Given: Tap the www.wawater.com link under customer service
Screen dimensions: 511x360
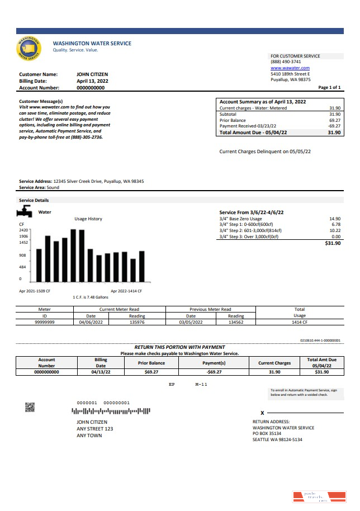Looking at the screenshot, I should (x=290, y=68).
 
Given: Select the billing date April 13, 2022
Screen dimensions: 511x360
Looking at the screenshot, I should (x=92, y=81).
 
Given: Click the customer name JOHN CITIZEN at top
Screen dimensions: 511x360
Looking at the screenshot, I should (x=92, y=74).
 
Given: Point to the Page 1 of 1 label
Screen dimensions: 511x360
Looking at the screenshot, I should (x=329, y=88).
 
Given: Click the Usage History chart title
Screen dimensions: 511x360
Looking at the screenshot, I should (x=88, y=219).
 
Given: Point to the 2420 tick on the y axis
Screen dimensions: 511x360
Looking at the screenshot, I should (x=23, y=230).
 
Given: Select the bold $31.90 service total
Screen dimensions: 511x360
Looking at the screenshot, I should (x=333, y=244).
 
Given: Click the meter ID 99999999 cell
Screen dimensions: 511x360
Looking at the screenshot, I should (x=45, y=322).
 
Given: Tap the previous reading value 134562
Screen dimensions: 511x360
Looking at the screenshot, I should (x=235, y=322).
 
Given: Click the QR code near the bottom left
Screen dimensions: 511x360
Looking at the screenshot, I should (x=30, y=407).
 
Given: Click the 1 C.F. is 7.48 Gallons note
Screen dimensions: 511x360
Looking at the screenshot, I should (x=91, y=297).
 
